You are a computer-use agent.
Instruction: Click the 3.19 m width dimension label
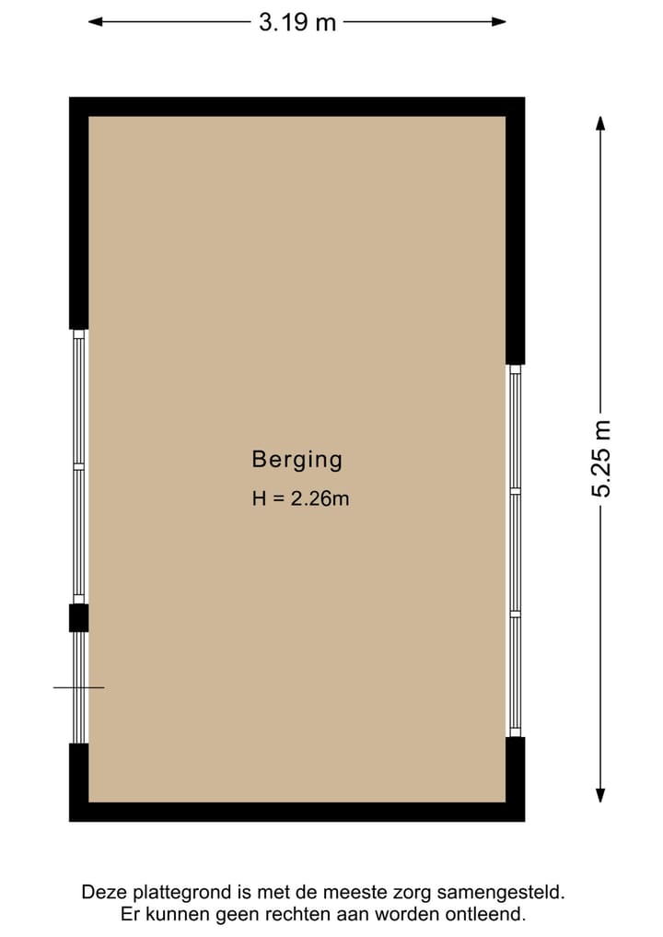click(x=297, y=22)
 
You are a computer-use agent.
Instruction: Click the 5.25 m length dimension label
click(x=600, y=458)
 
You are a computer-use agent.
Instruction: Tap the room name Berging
click(x=297, y=459)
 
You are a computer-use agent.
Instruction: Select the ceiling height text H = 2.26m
click(x=300, y=499)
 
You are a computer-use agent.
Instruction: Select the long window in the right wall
click(x=515, y=550)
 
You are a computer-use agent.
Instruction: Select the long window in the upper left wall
click(x=79, y=466)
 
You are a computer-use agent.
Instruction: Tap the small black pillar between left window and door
click(x=79, y=617)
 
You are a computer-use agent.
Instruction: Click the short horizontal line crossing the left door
click(x=78, y=687)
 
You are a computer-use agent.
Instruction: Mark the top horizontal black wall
click(x=297, y=106)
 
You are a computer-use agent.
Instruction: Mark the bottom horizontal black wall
click(x=297, y=812)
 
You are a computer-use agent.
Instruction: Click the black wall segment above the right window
click(x=515, y=235)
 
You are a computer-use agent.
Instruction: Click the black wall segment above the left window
click(x=79, y=217)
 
